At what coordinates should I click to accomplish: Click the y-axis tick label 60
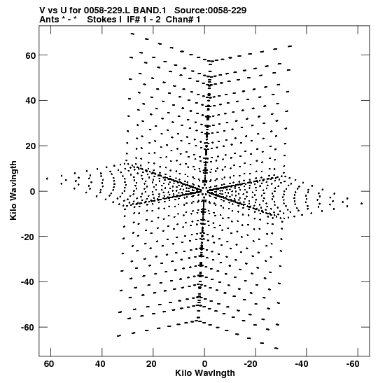(x=30, y=55)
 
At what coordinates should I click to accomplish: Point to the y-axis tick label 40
(x=30, y=101)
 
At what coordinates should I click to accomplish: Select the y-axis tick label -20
(x=28, y=237)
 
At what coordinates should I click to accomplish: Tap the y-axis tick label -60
(x=28, y=327)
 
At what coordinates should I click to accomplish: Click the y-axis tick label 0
(x=32, y=192)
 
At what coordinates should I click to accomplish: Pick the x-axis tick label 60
(x=49, y=364)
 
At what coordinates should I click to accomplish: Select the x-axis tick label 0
(x=204, y=364)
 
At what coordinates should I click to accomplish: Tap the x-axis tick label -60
(x=353, y=364)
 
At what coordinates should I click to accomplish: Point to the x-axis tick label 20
(x=151, y=364)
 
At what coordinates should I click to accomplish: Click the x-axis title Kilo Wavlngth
(x=205, y=373)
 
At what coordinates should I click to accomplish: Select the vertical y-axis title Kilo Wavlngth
(x=13, y=190)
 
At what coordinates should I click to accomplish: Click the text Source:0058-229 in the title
(x=211, y=11)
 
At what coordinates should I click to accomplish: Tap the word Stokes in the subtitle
(x=102, y=20)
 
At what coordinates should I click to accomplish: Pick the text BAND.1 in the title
(x=150, y=11)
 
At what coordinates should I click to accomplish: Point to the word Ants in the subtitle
(x=49, y=20)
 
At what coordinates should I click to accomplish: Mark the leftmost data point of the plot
(x=47, y=179)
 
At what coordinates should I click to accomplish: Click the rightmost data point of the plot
(x=362, y=204)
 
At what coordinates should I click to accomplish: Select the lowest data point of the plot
(x=276, y=348)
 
